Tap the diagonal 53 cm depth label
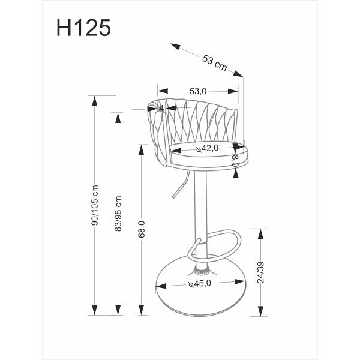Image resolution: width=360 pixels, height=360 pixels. click(214, 62)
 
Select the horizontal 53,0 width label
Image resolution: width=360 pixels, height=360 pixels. click(198, 91)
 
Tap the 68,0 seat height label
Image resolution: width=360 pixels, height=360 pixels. click(142, 229)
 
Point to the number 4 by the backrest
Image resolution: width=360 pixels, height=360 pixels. click(161, 109)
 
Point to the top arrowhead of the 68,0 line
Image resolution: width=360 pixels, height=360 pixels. click(142, 148)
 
